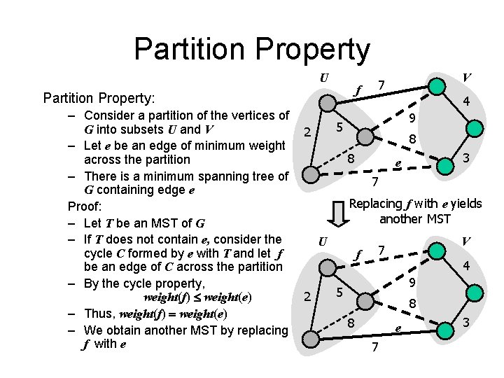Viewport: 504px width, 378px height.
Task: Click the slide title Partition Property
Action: point(251,49)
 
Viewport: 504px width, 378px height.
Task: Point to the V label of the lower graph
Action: point(465,241)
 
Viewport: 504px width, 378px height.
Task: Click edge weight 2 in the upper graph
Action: point(306,132)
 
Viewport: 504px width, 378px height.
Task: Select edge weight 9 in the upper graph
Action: point(413,118)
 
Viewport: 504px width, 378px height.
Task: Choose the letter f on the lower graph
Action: point(359,253)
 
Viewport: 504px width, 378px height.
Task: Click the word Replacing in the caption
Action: point(375,204)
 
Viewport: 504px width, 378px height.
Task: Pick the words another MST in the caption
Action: point(415,219)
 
